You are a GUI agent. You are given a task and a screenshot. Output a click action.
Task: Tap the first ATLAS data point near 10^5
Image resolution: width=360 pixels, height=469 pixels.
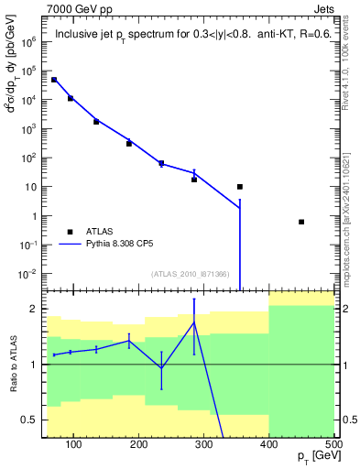coord(54,80)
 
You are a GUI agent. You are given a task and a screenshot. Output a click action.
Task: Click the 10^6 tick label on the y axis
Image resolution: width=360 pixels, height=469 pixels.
coord(27,41)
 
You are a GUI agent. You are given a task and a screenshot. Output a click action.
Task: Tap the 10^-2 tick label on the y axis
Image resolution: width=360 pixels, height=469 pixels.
coord(26,275)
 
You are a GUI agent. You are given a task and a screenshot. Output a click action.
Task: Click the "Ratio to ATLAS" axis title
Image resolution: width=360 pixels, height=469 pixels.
coord(11,365)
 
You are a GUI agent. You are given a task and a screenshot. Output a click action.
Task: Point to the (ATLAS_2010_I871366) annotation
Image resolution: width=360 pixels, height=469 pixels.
coord(190,273)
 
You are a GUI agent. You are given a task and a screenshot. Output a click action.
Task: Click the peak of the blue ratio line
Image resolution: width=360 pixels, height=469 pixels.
coord(194,322)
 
